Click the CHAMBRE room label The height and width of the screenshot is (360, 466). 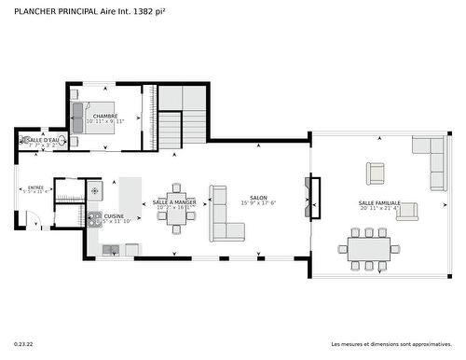click(x=105, y=117)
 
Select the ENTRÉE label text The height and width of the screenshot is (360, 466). click(x=35, y=187)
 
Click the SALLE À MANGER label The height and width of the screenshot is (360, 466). click(x=174, y=202)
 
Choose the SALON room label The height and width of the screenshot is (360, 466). click(x=258, y=199)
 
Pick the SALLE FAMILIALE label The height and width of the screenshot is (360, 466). click(x=379, y=202)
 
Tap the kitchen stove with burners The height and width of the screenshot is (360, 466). click(x=94, y=219)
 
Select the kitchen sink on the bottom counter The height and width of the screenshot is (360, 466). click(x=112, y=248)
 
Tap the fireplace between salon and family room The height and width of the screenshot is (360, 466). click(x=315, y=197)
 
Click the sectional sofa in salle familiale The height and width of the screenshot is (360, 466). click(x=432, y=162)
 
